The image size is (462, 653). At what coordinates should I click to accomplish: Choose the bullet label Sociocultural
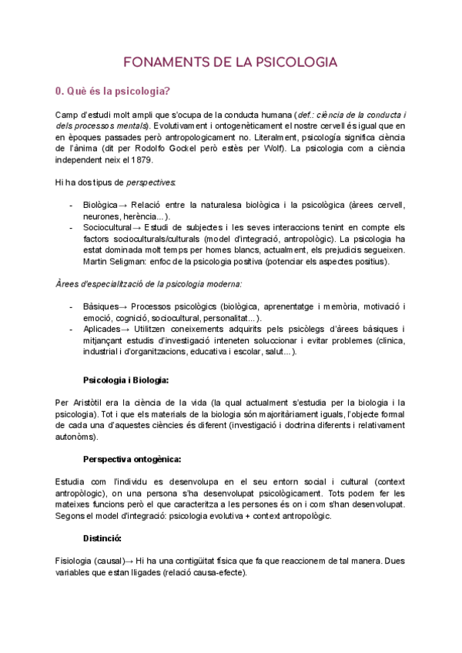[x=109, y=228]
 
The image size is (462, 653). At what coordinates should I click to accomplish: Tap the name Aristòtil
[x=90, y=403]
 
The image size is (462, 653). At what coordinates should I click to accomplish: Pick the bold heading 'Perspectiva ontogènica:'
[x=132, y=459]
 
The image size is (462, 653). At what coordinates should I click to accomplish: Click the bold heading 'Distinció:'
[x=104, y=538]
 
